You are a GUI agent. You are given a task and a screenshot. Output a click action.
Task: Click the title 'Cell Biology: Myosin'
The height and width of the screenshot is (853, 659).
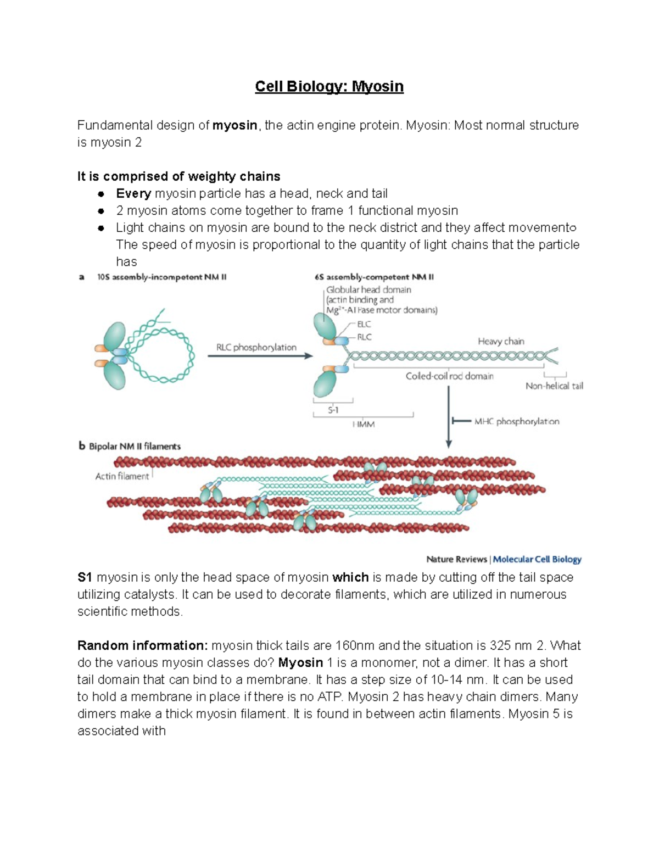[329, 87]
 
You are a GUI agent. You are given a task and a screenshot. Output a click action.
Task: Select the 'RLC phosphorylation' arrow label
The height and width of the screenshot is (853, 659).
[256, 347]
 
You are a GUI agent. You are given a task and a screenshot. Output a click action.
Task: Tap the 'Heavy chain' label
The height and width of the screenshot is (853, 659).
[501, 341]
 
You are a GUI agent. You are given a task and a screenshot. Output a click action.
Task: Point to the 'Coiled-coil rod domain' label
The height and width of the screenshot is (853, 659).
[449, 376]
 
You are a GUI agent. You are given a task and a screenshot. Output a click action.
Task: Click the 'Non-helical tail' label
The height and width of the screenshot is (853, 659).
[554, 386]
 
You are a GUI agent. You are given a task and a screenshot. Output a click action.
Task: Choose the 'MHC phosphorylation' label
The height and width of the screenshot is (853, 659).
[516, 421]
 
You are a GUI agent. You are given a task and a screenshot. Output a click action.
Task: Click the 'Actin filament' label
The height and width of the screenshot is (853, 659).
[122, 476]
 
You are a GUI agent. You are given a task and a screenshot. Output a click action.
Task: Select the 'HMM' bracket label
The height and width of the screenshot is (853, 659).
[364, 424]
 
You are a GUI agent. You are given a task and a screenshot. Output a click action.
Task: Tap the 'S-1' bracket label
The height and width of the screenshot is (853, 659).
[333, 410]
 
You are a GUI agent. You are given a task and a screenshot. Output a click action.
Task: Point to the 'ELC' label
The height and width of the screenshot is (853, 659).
[364, 324]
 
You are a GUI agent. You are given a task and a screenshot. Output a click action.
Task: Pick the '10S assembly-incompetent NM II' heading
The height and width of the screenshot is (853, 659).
[161, 277]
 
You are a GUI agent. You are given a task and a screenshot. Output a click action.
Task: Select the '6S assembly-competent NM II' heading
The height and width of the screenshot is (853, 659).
[374, 277]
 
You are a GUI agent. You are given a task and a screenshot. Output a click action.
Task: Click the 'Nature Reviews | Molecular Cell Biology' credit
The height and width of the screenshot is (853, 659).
[504, 559]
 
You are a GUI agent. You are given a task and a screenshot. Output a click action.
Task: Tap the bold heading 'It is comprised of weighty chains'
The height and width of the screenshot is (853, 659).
[178, 176]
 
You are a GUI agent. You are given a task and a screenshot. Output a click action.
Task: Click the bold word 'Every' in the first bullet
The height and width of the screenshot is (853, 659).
[133, 193]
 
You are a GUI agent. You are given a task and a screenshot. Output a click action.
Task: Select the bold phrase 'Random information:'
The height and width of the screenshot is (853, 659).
[143, 645]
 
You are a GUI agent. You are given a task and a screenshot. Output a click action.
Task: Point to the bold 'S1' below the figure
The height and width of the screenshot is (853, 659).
[85, 577]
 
